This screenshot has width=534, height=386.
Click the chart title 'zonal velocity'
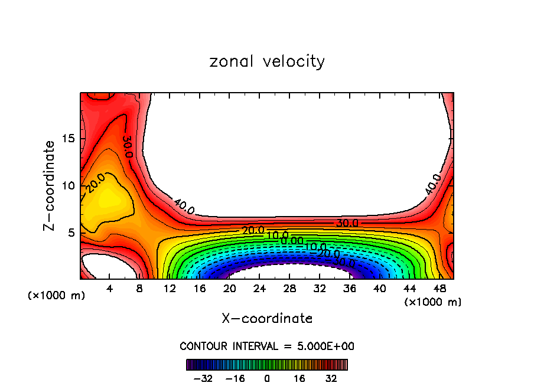(267, 61)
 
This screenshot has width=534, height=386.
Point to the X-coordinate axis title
(267, 319)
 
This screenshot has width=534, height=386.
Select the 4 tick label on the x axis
(109, 289)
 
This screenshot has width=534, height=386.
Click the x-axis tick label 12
(170, 289)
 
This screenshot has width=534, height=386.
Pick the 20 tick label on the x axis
(230, 289)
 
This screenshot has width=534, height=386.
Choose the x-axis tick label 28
(289, 289)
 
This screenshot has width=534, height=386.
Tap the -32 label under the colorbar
(203, 379)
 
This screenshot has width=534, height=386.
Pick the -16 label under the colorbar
(235, 379)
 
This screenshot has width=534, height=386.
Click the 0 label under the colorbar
(267, 379)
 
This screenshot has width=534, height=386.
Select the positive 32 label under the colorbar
(331, 379)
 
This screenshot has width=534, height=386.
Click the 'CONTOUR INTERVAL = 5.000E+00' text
(267, 346)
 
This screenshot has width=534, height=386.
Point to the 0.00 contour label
(292, 240)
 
